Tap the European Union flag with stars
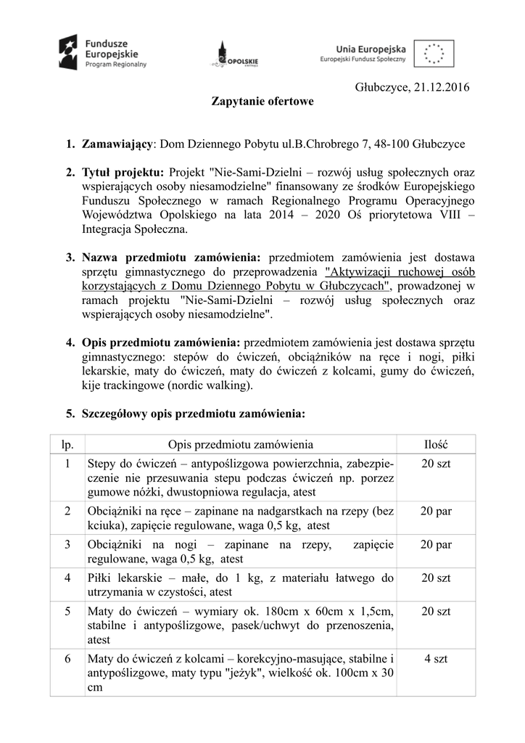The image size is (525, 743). pyautogui.click(x=434, y=52)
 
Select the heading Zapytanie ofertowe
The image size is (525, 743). pyautogui.click(x=262, y=102)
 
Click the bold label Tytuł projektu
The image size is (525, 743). pyautogui.click(x=123, y=173)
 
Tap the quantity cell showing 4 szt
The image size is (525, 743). pyautogui.click(x=436, y=658)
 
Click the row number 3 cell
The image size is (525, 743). pyautogui.click(x=67, y=544)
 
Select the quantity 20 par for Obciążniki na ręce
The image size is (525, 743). pyautogui.click(x=436, y=511)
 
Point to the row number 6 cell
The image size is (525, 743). pyautogui.click(x=67, y=658)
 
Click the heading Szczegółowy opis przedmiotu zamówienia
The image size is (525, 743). pyautogui.click(x=194, y=414)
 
